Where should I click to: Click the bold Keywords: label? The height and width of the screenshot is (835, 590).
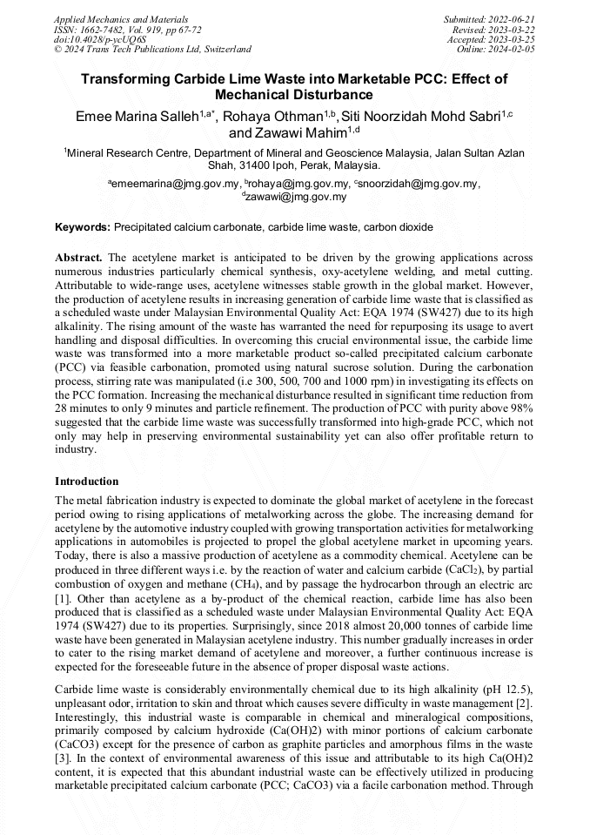coord(83,227)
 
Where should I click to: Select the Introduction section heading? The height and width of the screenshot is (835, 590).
coord(86,481)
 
